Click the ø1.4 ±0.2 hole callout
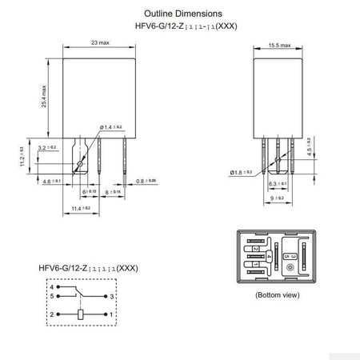[x=112, y=127]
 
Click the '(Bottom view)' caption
[x=277, y=295]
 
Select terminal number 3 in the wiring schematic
[x=114, y=295]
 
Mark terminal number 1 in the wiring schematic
[x=114, y=315]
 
